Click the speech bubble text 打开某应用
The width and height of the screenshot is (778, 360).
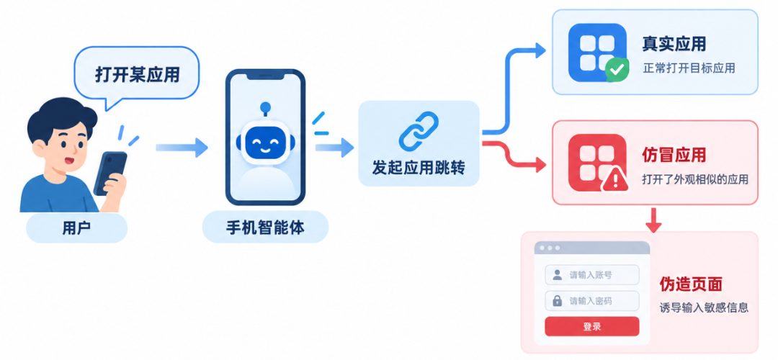(x=137, y=75)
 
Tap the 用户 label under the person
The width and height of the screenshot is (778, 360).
(x=76, y=228)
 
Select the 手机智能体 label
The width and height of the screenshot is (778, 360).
(x=265, y=228)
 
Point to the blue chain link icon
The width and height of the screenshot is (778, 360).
(x=419, y=131)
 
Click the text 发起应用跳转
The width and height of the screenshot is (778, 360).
(x=419, y=168)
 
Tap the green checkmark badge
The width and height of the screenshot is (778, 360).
(x=617, y=70)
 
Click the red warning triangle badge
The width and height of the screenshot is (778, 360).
(x=615, y=179)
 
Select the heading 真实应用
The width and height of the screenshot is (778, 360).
(x=674, y=45)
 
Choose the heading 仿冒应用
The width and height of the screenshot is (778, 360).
(x=674, y=156)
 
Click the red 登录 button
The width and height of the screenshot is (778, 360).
(x=592, y=326)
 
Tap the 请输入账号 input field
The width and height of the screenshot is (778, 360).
(x=592, y=275)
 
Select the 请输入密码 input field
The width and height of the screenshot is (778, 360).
(x=592, y=300)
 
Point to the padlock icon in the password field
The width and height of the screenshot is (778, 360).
(x=557, y=300)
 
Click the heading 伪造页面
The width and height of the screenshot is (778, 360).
(x=690, y=284)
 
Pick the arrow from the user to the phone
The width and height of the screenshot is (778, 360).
(x=182, y=148)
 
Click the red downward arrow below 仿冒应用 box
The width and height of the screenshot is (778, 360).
(x=653, y=220)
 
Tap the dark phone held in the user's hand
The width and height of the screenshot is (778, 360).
(x=109, y=173)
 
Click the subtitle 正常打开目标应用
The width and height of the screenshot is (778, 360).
(x=689, y=68)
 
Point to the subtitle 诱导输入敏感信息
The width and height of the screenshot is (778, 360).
(x=703, y=307)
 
